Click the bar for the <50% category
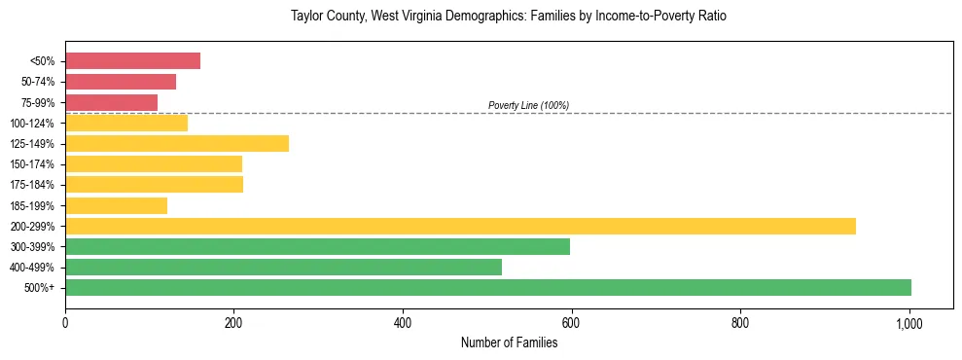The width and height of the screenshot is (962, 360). click(132, 61)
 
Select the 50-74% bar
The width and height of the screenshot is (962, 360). click(121, 82)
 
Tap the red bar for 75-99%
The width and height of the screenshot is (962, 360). click(111, 102)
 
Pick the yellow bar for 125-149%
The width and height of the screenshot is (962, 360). click(177, 144)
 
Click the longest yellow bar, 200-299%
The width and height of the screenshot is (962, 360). click(460, 226)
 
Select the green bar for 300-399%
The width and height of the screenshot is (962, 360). click(317, 246)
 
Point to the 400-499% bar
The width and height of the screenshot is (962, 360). click(283, 267)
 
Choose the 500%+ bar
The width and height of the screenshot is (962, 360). click(488, 287)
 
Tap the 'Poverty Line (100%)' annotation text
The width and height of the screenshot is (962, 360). click(528, 105)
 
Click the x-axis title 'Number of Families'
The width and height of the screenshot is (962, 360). click(509, 342)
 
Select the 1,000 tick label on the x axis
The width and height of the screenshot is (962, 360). click(909, 323)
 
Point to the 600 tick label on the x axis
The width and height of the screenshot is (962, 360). click(572, 323)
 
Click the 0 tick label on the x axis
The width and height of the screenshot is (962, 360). click(65, 323)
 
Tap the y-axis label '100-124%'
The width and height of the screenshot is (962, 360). click(32, 124)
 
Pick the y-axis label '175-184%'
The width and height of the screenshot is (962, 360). click(32, 185)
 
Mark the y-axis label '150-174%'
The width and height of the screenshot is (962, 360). click(32, 164)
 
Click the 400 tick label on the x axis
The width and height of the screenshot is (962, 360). click(403, 323)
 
